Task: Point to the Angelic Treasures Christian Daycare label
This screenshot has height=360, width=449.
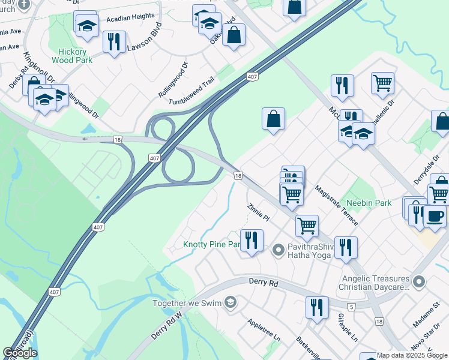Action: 375,284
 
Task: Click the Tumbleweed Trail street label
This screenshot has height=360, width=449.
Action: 191,94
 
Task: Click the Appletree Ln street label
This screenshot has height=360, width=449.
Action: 264,329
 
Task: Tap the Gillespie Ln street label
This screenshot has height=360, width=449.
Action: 348,328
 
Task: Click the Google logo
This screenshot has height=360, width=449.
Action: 20,353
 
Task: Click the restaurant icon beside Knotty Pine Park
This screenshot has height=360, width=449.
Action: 252,241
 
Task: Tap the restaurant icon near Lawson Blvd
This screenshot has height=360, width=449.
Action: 113,42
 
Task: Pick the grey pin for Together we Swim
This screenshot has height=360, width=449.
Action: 229,302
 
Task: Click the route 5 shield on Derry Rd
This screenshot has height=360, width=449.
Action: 351,307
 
